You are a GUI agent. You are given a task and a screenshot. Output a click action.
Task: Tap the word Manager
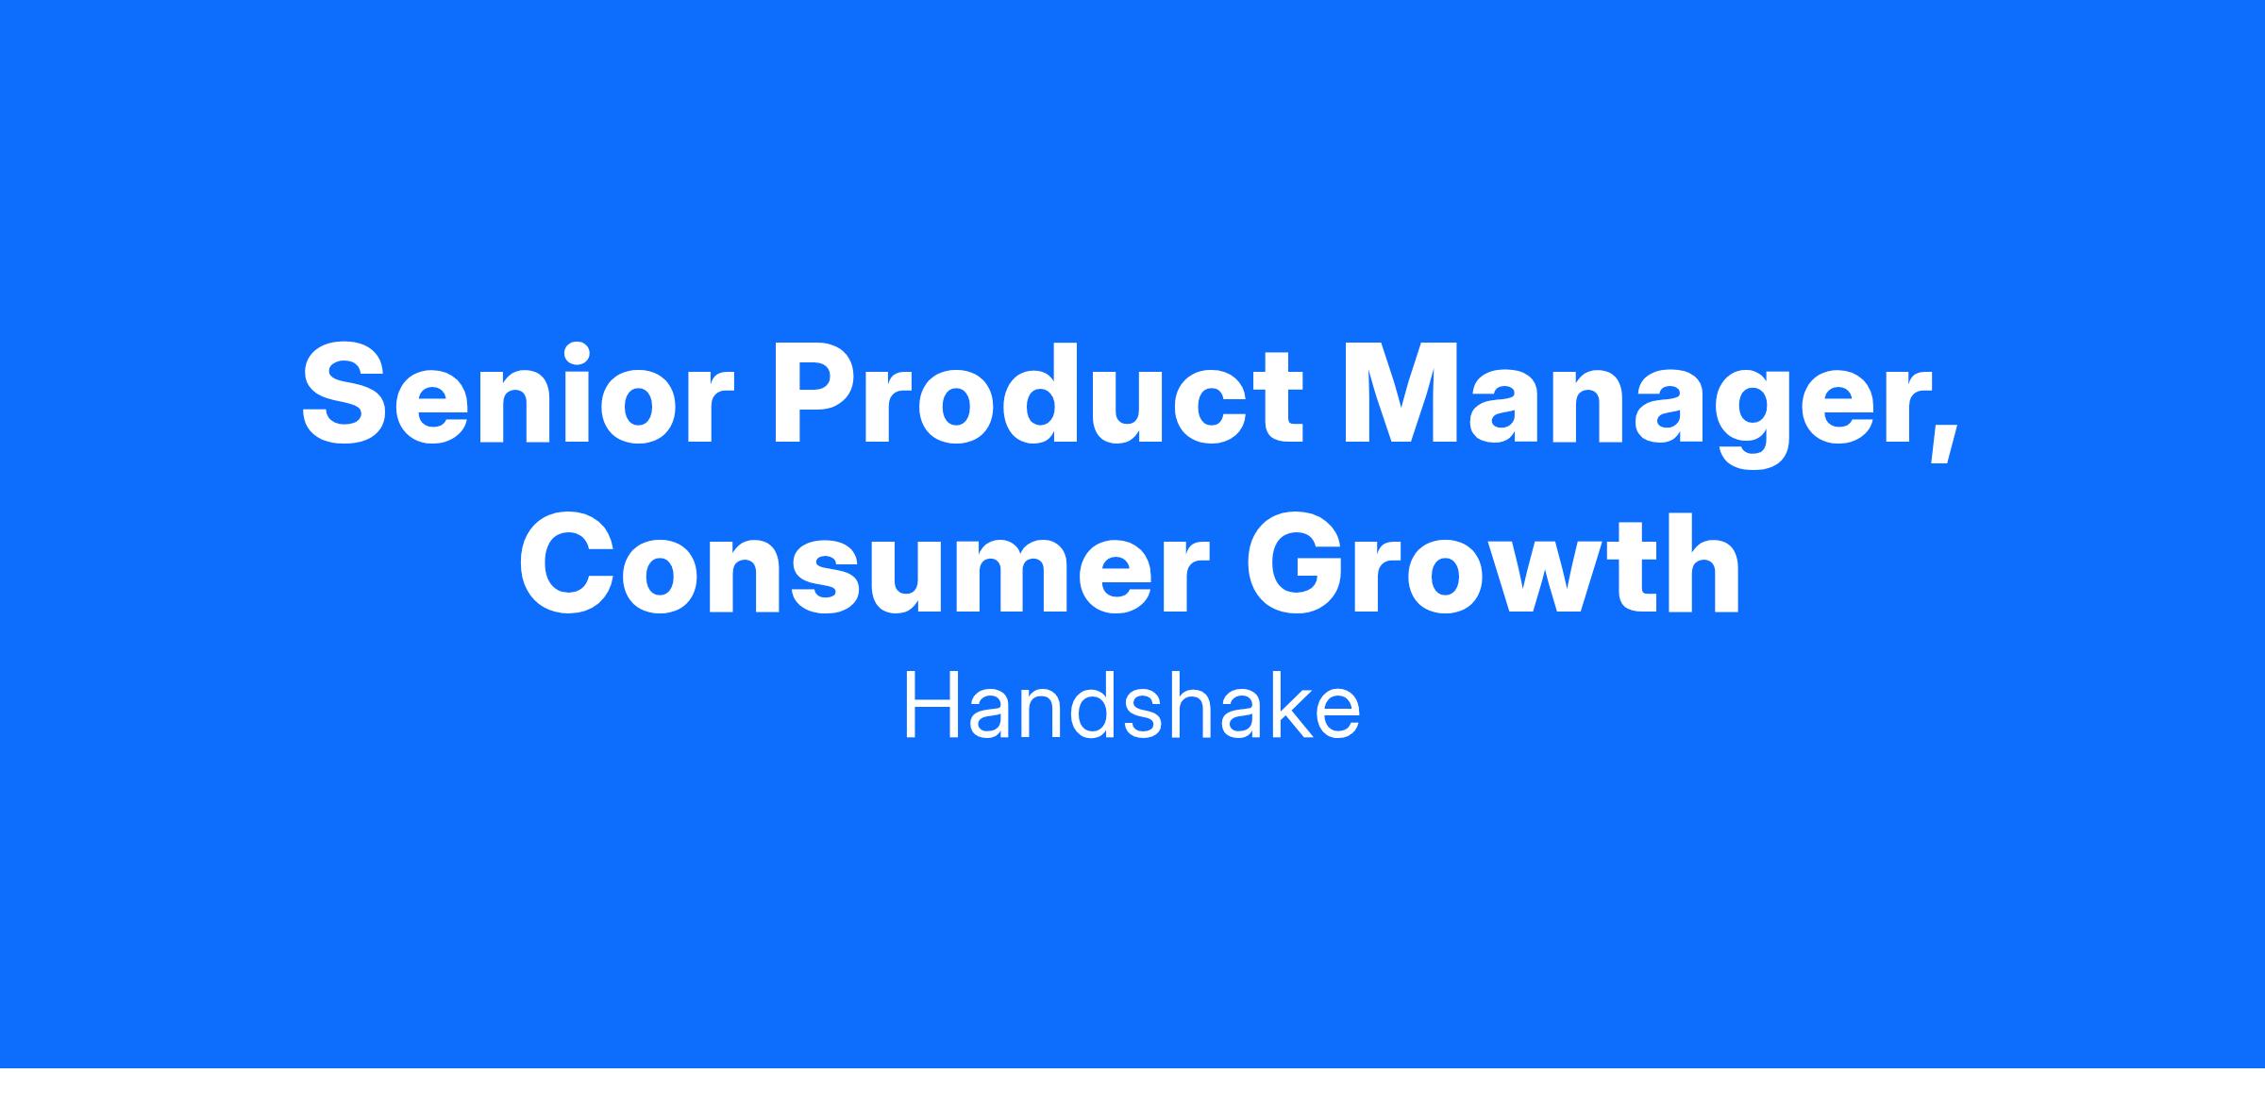1643,406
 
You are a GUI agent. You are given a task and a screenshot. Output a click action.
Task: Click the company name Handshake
1132,709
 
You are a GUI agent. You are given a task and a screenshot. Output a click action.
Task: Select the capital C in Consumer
565,565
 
